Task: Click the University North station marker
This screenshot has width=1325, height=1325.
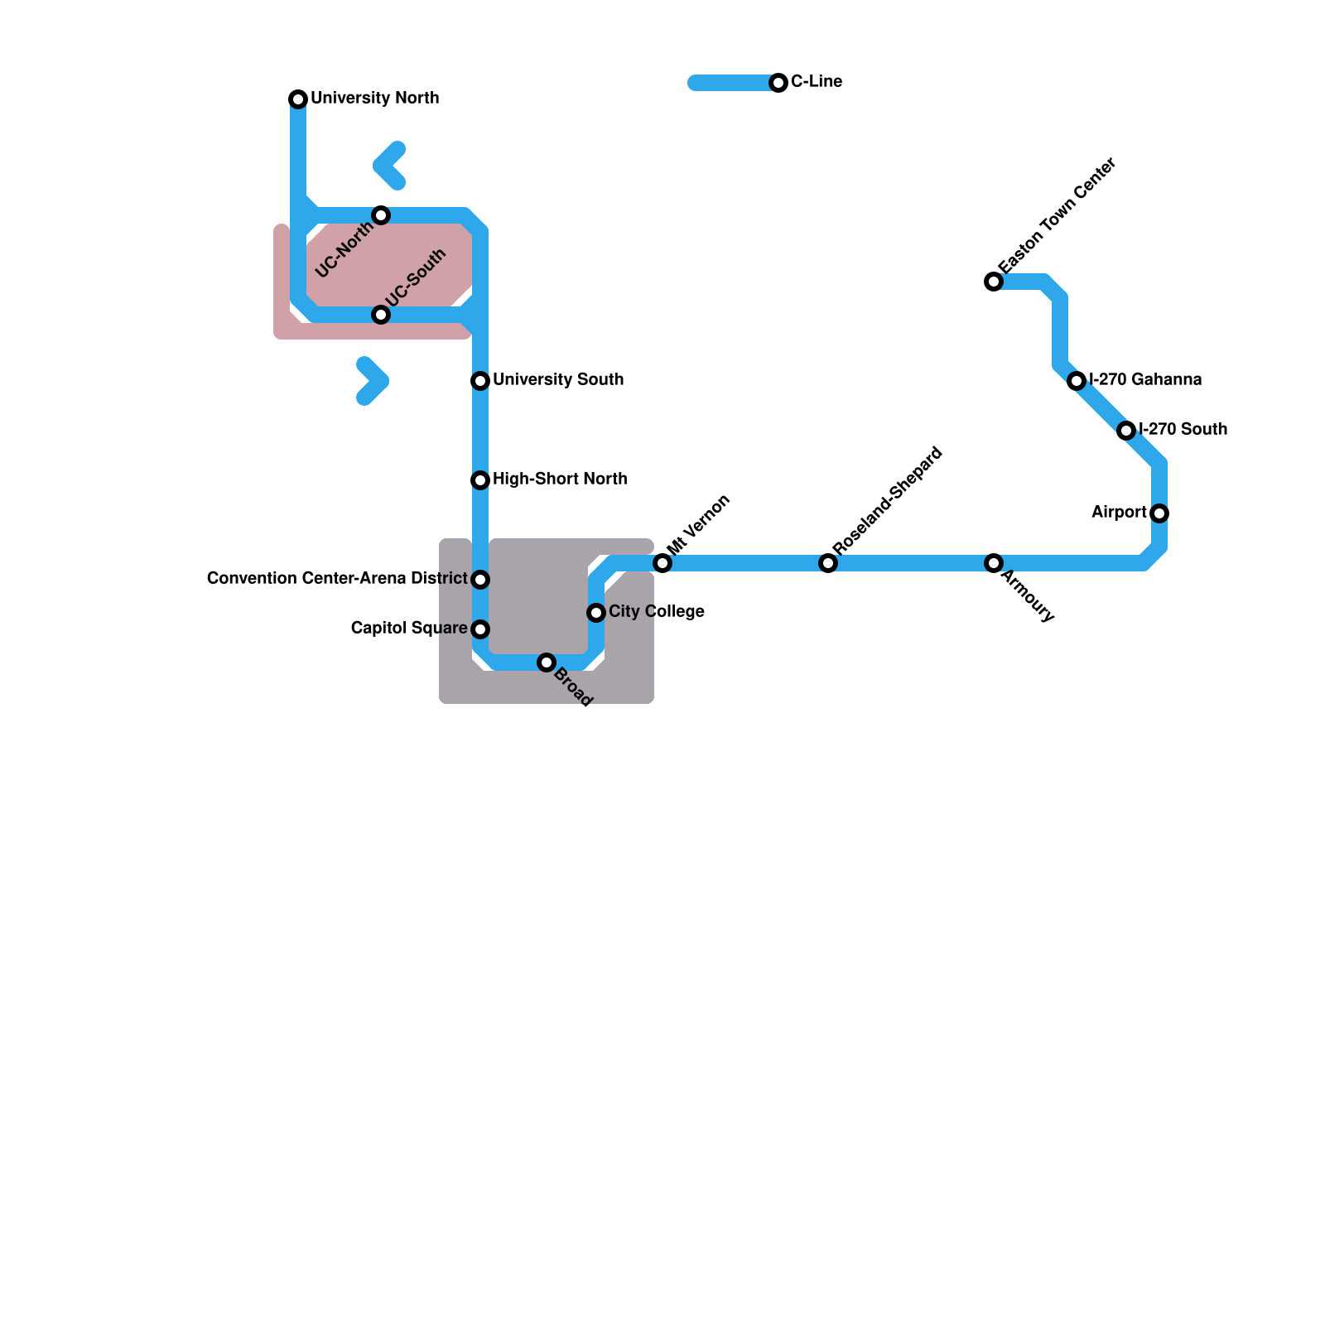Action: tap(298, 99)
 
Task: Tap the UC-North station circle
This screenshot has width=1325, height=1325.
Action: tap(381, 215)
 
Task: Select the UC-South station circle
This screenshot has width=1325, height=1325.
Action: tap(381, 315)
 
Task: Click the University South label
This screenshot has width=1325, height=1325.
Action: tap(557, 380)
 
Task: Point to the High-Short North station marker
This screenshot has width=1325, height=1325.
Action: tap(480, 480)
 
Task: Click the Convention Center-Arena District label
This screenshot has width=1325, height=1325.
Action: tap(337, 579)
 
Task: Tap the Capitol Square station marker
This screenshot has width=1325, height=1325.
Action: tap(480, 629)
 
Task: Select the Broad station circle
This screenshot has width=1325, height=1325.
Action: tap(547, 662)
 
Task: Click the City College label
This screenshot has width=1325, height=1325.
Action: tap(656, 612)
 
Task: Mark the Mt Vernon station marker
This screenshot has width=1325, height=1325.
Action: tap(662, 563)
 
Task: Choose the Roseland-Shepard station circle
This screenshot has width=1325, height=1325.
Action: tap(828, 563)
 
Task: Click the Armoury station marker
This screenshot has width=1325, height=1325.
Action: tap(994, 563)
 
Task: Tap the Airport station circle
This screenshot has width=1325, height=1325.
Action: tap(1159, 513)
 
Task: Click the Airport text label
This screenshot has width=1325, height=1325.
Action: tap(1119, 513)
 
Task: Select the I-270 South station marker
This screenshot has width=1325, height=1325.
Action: tap(1126, 431)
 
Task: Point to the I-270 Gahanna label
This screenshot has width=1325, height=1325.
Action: tap(1145, 380)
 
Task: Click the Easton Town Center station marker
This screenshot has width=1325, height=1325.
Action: tap(994, 282)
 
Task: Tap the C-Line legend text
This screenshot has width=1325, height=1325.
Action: tap(816, 82)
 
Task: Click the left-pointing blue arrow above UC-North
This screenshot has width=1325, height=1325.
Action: tap(389, 166)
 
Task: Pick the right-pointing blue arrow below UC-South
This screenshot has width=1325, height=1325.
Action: tap(373, 381)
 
